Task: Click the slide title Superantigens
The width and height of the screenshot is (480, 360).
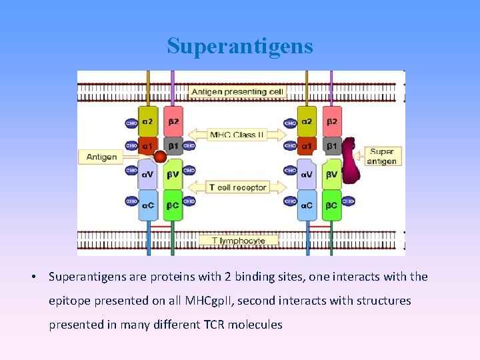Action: tap(239, 46)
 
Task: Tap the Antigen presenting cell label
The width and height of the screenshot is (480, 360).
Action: tap(237, 91)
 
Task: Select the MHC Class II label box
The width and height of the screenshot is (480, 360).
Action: tap(237, 135)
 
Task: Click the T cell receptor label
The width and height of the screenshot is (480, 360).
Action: tap(237, 187)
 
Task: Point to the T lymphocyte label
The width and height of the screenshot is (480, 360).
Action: tap(238, 240)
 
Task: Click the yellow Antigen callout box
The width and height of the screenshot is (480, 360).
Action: tap(101, 157)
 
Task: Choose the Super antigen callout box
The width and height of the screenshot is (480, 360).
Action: tap(382, 157)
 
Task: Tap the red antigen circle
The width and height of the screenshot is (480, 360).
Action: tap(160, 157)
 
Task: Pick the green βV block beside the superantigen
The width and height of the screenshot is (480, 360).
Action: tap(332, 175)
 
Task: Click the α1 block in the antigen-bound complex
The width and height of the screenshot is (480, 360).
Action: tap(147, 145)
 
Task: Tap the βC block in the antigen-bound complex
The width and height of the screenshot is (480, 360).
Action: tap(173, 205)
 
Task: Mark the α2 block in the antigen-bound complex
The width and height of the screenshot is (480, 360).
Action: tap(147, 122)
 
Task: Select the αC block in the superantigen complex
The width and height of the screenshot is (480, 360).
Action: tap(306, 205)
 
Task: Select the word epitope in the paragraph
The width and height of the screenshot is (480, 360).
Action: tap(69, 301)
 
